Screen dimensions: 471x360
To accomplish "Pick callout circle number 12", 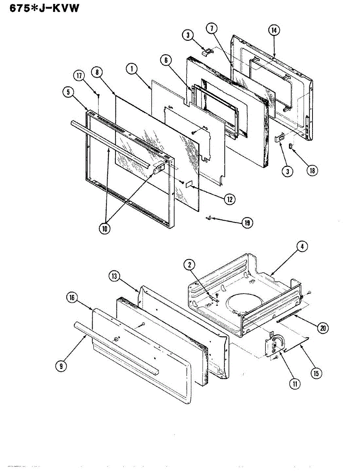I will (x=229, y=199).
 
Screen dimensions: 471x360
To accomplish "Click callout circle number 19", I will (x=247, y=223).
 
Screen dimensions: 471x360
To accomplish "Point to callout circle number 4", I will (x=302, y=246).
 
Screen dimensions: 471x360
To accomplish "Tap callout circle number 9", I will (x=60, y=366).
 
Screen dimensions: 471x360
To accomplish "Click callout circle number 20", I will (x=323, y=328).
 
